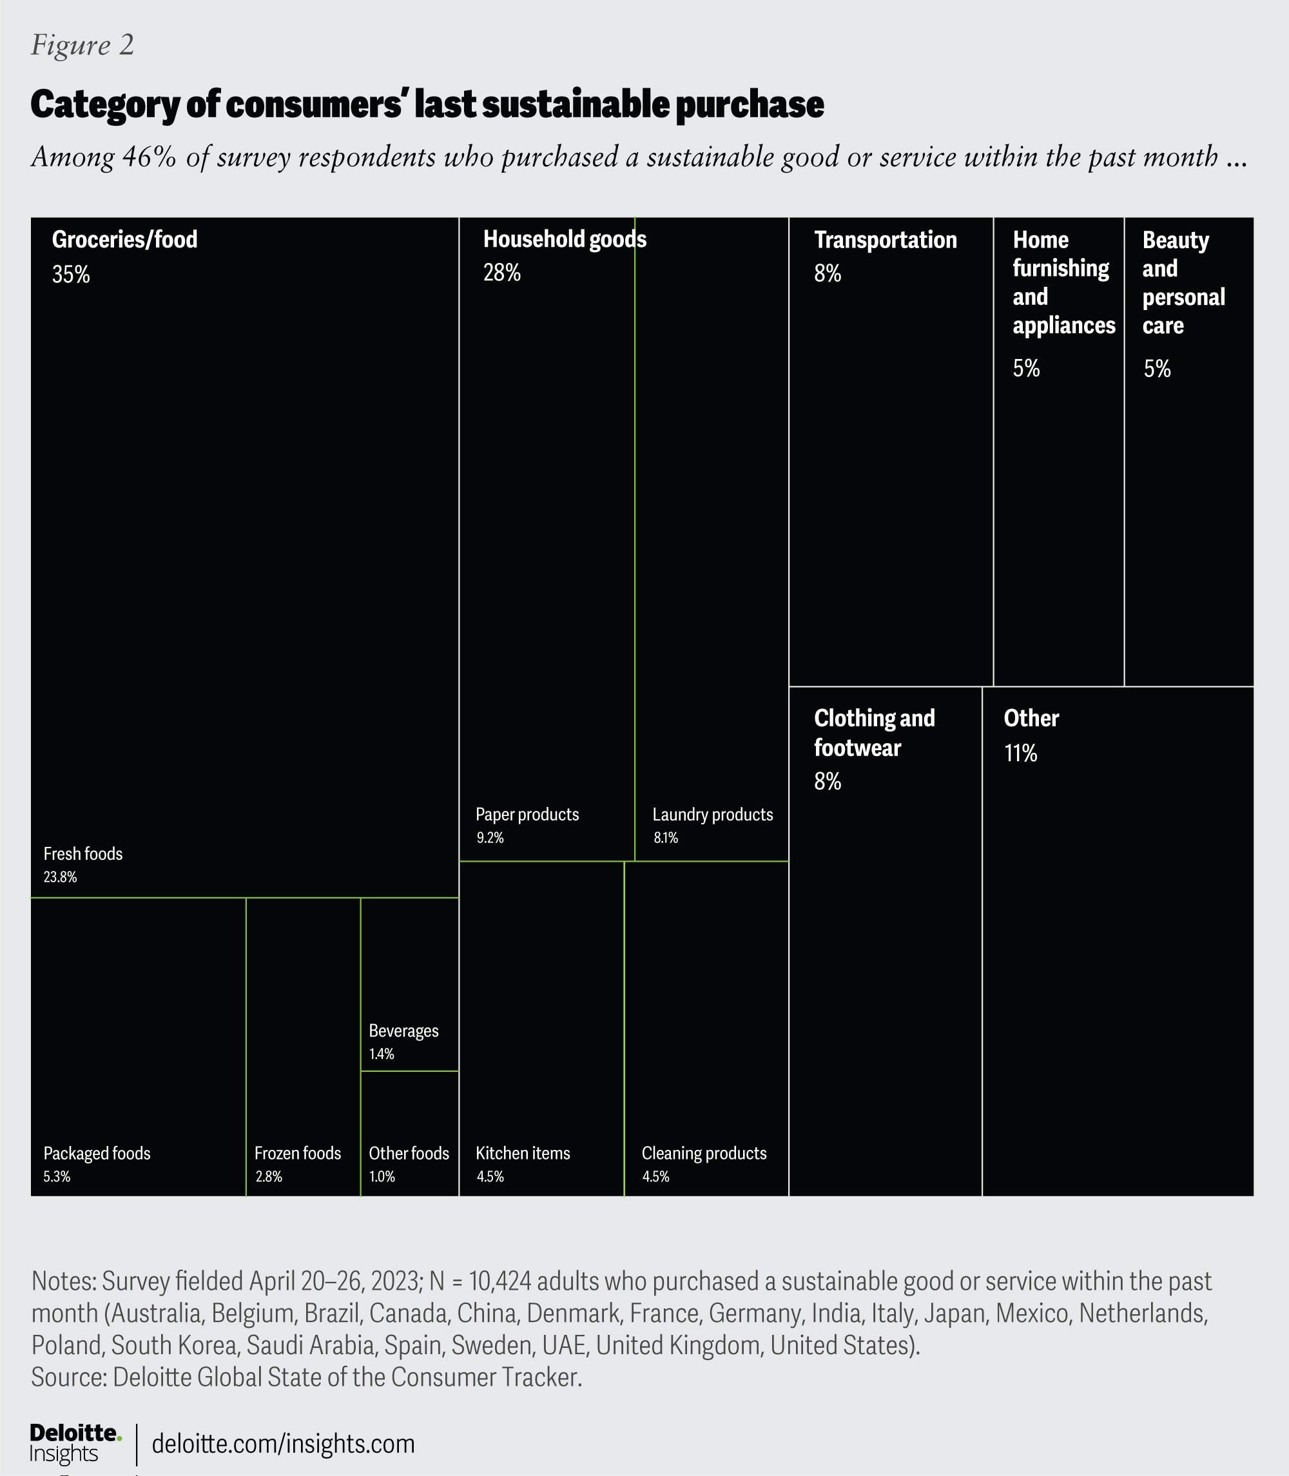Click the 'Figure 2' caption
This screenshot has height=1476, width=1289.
pos(82,45)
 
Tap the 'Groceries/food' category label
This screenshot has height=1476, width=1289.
pos(124,240)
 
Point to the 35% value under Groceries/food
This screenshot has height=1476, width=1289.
pos(70,275)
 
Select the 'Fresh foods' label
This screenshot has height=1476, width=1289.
pos(82,854)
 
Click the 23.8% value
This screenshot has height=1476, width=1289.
pos(60,877)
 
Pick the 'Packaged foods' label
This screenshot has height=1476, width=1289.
pos(97,1153)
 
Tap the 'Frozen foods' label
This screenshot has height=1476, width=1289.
pos(297,1153)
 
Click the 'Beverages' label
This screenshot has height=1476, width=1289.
pos(403,1031)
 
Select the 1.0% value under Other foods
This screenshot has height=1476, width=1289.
pos(382,1177)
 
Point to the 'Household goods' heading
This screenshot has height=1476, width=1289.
pos(565,240)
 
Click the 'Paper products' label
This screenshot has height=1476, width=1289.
pos(527,814)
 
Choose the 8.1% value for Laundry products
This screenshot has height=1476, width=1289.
pos(665,837)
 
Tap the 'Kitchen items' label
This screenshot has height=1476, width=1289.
pos(523,1153)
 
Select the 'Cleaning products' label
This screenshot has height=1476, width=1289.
pos(704,1153)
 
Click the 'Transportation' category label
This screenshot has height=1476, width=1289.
pos(886,240)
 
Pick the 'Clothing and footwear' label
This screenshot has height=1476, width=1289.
pos(874,733)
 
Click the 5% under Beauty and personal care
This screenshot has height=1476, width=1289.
pos(1158,369)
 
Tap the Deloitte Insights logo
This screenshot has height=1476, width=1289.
pos(74,1443)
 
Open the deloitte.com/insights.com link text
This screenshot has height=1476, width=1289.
pos(284,1444)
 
